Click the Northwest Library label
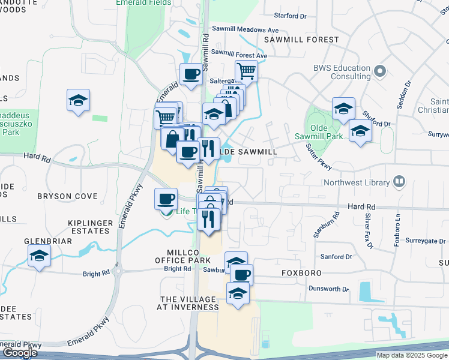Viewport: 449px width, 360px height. click(356, 182)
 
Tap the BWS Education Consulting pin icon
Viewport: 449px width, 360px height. click(379, 72)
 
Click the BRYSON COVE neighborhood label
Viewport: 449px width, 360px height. click(67, 196)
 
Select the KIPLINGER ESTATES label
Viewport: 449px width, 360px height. click(89, 227)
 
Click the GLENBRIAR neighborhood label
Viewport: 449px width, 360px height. click(48, 241)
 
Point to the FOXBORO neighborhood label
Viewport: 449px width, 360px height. click(301, 273)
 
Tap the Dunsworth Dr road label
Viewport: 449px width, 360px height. click(328, 289)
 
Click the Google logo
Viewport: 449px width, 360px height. click(20, 353)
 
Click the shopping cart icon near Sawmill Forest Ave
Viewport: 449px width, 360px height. click(246, 71)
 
